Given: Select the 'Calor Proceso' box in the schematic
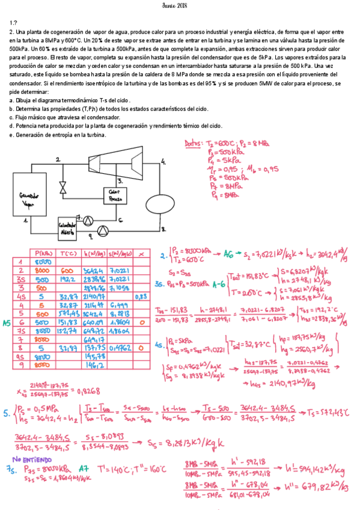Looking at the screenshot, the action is coord(115,195).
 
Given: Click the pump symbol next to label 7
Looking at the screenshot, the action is coord(88,220).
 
